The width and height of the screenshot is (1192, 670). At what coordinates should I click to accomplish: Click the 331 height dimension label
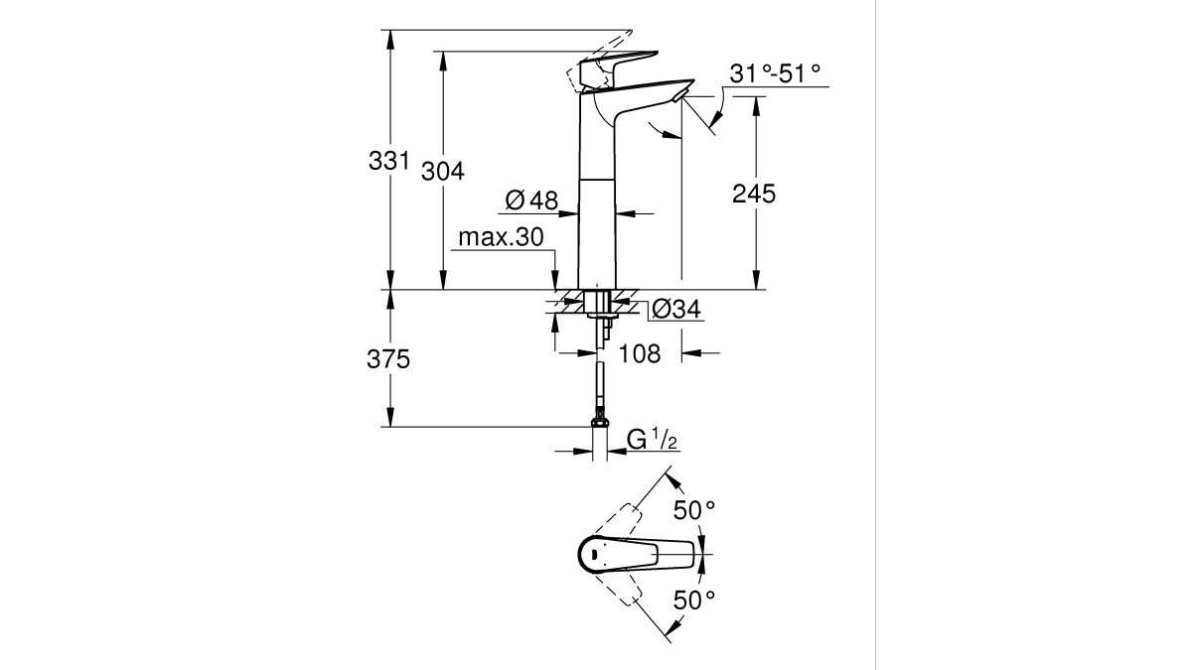click(x=389, y=160)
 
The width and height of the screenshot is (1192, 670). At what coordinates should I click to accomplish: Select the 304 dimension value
click(x=443, y=171)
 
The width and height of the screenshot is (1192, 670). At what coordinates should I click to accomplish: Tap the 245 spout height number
click(x=754, y=195)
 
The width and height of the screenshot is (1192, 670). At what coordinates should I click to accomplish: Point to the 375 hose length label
click(x=388, y=359)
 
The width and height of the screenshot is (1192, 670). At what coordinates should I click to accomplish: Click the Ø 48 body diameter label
click(x=531, y=201)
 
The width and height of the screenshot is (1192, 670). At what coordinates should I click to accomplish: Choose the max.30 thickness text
click(x=501, y=237)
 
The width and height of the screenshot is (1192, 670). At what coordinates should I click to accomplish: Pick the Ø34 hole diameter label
click(x=675, y=309)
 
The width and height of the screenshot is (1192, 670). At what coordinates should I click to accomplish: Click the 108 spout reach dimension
click(x=640, y=353)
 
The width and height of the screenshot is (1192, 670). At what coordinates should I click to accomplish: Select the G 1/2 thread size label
click(x=652, y=440)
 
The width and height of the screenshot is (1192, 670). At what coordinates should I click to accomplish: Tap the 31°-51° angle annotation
click(x=775, y=73)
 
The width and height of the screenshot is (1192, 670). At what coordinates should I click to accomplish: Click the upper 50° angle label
click(x=694, y=510)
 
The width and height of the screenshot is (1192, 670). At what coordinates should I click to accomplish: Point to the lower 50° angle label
click(x=694, y=601)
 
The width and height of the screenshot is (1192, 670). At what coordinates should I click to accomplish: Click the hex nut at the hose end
click(x=600, y=422)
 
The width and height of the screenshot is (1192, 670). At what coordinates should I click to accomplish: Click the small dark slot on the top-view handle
click(x=591, y=555)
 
